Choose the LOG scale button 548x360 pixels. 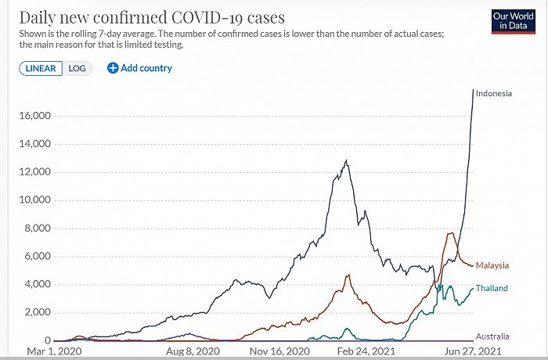(x=78, y=68)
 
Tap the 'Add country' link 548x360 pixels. (x=139, y=68)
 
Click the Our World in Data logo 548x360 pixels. (x=512, y=21)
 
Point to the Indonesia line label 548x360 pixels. (x=493, y=94)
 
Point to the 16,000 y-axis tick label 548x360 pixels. (x=35, y=116)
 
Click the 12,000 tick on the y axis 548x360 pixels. (x=35, y=172)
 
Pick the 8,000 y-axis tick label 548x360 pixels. (x=38, y=229)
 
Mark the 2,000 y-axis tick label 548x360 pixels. (x=38, y=312)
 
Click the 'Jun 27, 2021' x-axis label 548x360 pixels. (x=467, y=353)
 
